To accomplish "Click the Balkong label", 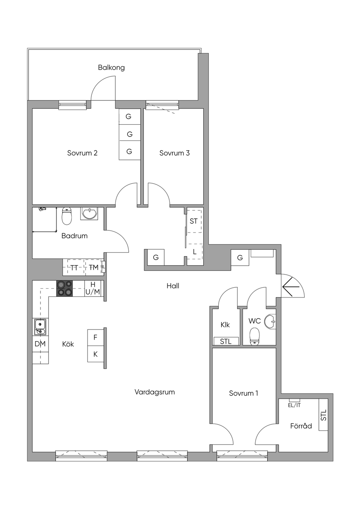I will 111,67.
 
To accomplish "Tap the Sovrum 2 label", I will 82,153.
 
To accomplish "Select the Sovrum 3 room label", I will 174,153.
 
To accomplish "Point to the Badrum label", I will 74,236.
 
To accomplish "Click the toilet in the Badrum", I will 67,216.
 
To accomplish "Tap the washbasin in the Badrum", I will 90,213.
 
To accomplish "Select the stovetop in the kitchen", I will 64,288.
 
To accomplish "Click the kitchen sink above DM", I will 40,327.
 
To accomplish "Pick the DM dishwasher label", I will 40,344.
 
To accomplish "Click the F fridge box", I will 95,337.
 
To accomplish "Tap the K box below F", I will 95,354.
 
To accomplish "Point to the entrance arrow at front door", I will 291,287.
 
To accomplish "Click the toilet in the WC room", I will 254,335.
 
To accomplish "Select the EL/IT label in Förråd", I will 294,405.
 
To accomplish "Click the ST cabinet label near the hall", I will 194,221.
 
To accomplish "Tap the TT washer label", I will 74,268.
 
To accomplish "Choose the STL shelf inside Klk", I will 226,341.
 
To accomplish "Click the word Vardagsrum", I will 155,392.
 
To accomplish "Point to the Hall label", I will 173,286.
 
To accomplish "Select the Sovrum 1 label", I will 243,393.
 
